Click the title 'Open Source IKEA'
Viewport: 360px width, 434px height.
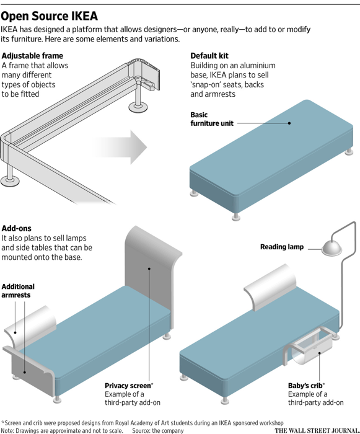(49, 16)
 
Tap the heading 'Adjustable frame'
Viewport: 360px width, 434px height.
(32, 56)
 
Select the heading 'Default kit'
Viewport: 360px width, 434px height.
(209, 56)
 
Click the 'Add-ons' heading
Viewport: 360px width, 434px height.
(17, 228)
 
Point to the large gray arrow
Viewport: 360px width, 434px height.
(119, 147)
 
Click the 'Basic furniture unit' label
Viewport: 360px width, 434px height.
(212, 119)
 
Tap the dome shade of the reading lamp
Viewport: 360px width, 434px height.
(331, 247)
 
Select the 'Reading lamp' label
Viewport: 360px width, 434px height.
(282, 247)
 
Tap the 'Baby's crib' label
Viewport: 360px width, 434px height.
(306, 386)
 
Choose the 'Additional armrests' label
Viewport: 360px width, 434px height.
(18, 291)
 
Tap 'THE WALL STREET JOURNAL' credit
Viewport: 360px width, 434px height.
(317, 430)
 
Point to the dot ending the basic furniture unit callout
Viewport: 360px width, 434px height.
(289, 123)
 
